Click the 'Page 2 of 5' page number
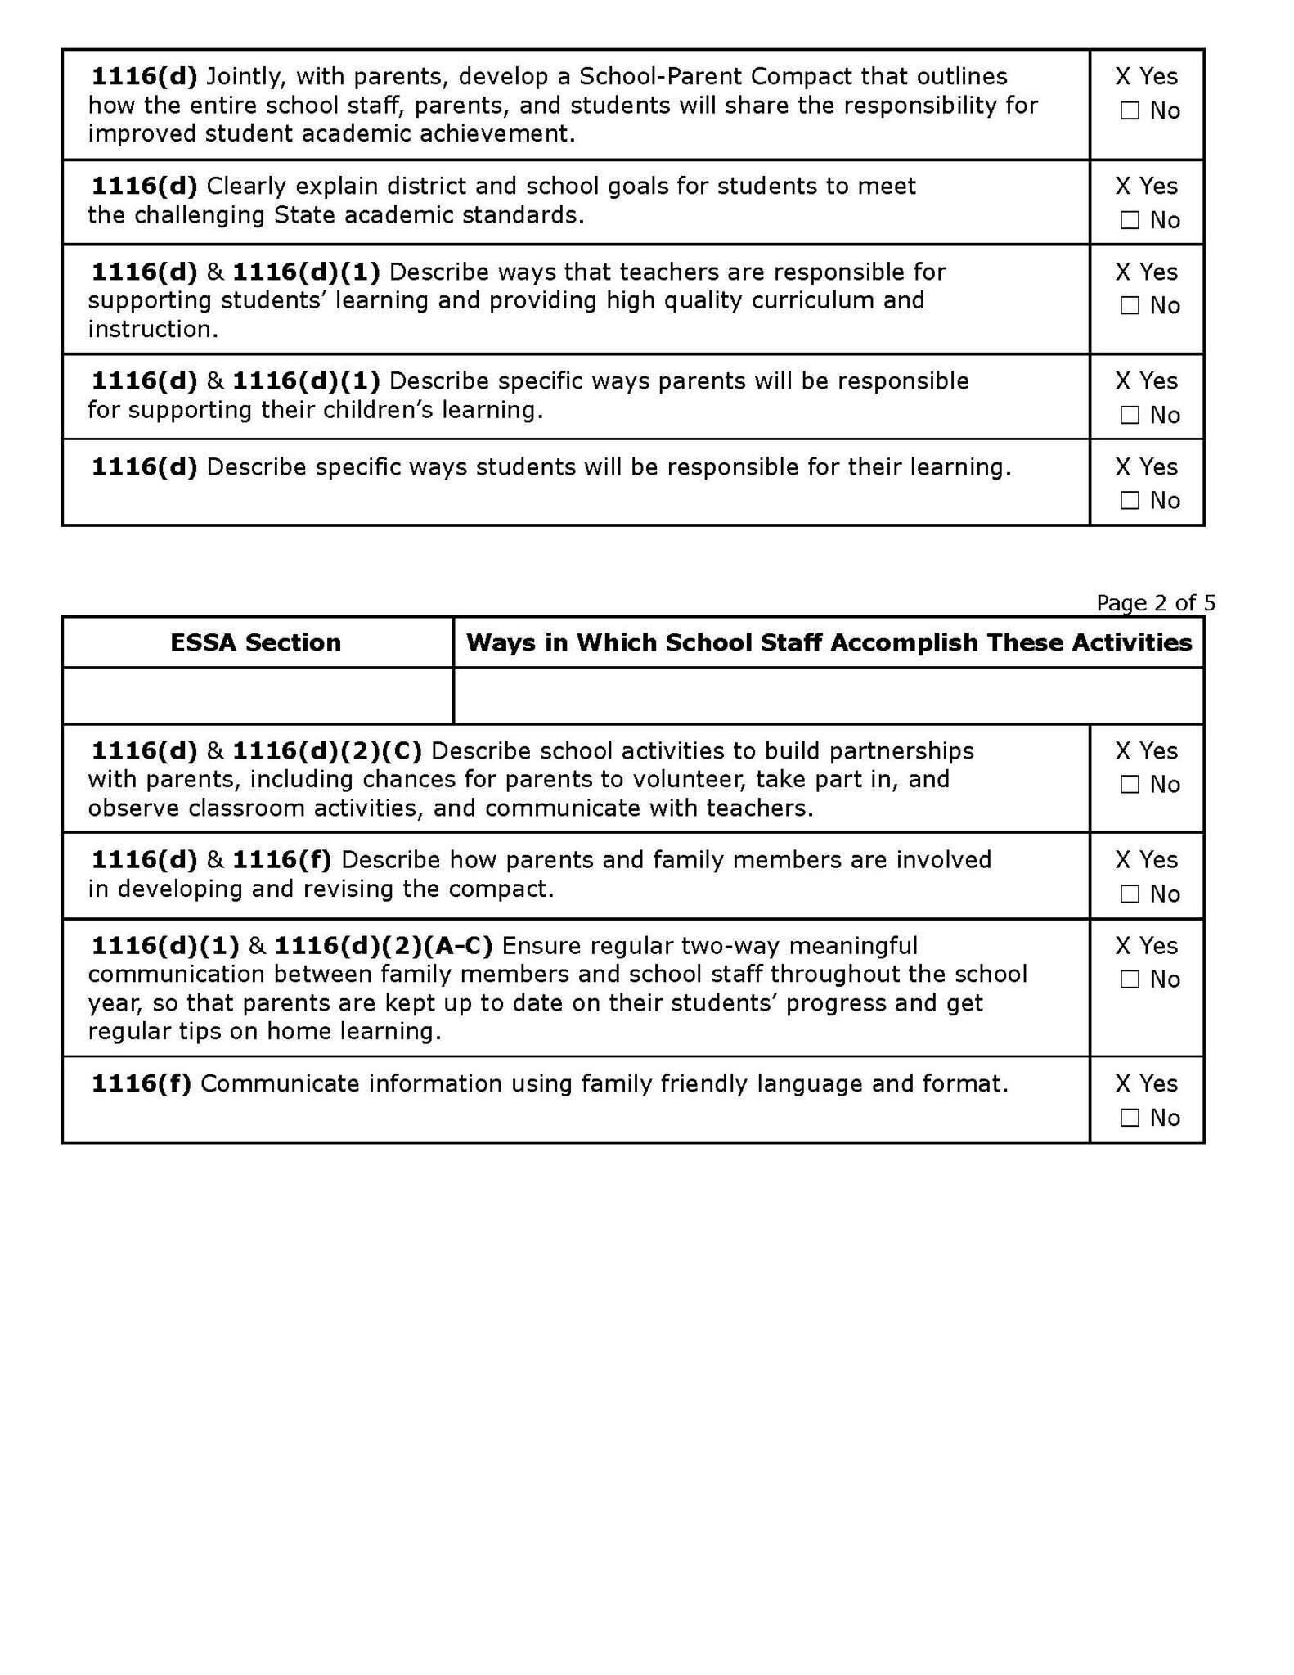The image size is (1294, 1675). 1155,603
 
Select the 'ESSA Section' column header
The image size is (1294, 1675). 255,642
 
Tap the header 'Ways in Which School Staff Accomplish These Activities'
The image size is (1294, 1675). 829,642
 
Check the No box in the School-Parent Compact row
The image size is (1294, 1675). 1130,110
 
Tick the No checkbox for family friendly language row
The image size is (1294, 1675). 1130,1118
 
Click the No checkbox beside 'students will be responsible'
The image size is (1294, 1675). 1130,500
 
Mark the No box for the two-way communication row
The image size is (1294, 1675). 1130,979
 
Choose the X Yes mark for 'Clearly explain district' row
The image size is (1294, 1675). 1146,186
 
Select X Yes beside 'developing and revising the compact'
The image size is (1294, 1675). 1146,859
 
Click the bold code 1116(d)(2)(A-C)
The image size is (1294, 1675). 383,946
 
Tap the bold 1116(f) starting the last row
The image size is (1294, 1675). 141,1083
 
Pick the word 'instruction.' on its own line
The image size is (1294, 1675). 153,329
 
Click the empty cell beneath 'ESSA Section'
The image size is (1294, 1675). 257,696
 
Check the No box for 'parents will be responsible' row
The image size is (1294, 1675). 1130,415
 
